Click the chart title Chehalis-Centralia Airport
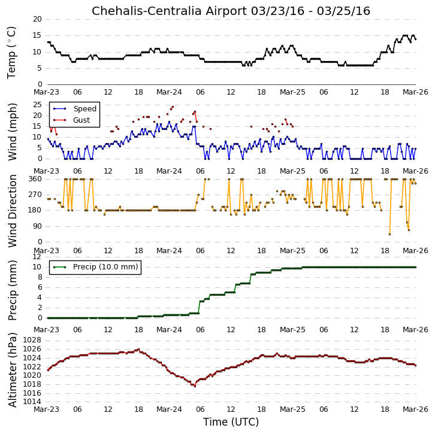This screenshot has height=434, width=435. [x=169, y=11]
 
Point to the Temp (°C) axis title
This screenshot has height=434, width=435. [x=11, y=53]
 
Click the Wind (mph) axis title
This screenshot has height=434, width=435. [x=12, y=132]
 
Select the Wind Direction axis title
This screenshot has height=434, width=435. [x=12, y=211]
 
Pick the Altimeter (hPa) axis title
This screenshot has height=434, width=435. [x=12, y=370]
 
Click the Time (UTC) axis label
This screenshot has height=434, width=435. [x=231, y=422]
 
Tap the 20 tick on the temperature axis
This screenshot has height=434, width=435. [x=37, y=19]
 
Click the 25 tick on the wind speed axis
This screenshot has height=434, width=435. [x=37, y=105]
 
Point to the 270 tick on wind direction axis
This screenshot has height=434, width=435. [x=35, y=195]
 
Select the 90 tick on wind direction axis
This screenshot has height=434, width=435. [x=37, y=226]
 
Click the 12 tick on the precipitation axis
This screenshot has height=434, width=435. [x=37, y=257]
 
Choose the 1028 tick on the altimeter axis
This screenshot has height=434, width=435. [x=32, y=340]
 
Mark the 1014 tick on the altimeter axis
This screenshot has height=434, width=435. [x=32, y=402]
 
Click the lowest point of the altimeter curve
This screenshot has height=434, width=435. [x=195, y=386]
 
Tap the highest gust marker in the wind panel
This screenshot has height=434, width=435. [x=173, y=107]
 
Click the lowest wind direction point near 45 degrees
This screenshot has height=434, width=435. [x=390, y=234]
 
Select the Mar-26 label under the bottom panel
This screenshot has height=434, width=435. [x=415, y=409]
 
